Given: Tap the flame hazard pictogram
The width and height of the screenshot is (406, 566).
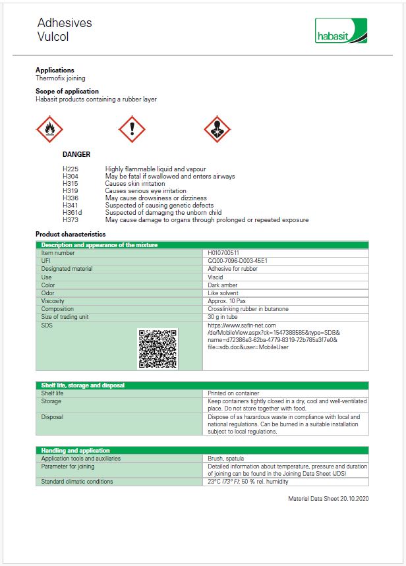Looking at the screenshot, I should click(x=49, y=129).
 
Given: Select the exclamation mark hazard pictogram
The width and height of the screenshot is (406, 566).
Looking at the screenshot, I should click(x=132, y=129).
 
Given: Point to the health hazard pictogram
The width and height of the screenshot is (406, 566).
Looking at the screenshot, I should click(x=216, y=129).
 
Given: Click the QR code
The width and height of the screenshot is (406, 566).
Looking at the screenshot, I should click(x=158, y=348).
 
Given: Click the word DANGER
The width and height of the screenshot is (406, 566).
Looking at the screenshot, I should click(x=76, y=155).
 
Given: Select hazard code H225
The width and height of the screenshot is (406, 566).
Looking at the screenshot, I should click(x=70, y=169).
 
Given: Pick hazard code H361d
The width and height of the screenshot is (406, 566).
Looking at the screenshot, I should click(x=72, y=213).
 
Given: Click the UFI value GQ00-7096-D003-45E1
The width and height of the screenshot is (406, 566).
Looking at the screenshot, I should click(x=237, y=261).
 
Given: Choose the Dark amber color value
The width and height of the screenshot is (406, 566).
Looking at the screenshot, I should click(x=222, y=285).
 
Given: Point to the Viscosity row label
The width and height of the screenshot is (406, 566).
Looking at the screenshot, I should click(x=53, y=301).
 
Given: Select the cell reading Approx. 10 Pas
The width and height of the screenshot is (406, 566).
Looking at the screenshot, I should click(x=226, y=301).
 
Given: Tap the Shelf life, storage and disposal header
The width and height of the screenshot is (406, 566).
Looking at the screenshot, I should click(x=82, y=385).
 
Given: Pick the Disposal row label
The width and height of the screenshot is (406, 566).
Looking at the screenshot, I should click(x=51, y=417).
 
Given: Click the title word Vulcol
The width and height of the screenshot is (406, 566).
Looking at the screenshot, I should click(x=53, y=37).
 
